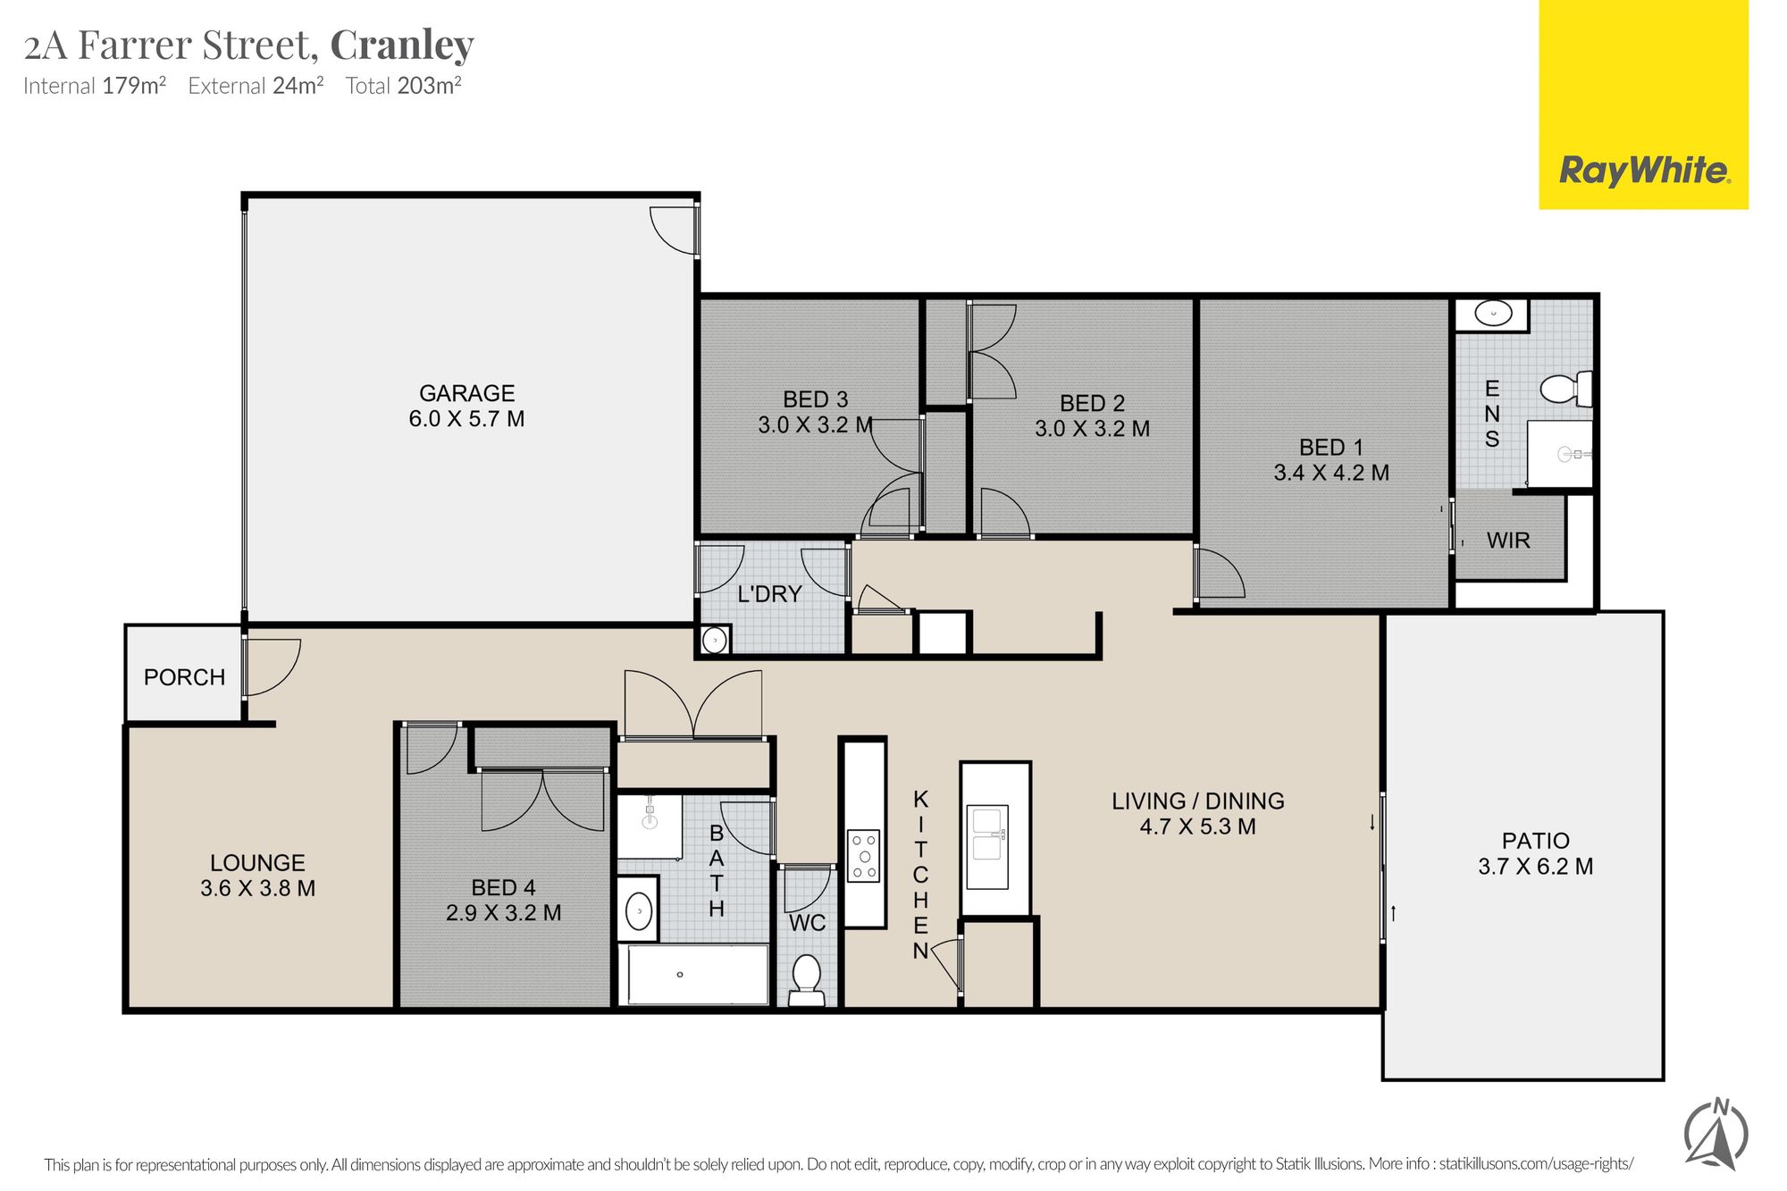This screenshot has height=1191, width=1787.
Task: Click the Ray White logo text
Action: tap(1644, 170)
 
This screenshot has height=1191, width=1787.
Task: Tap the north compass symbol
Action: tap(1716, 1134)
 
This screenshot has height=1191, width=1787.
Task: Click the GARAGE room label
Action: tap(467, 393)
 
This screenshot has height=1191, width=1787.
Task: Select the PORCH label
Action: tap(184, 677)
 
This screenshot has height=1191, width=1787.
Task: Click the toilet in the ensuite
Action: tap(1565, 389)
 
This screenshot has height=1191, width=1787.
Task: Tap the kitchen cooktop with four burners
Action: tap(863, 856)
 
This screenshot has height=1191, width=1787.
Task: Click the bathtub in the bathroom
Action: tap(694, 974)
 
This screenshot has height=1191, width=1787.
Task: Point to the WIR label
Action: tap(1508, 541)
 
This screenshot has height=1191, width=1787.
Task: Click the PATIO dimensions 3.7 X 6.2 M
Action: tap(1535, 867)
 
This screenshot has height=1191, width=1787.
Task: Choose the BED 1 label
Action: tap(1331, 447)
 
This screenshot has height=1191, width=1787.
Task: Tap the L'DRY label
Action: tap(769, 594)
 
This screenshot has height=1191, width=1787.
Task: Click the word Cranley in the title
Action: tap(402, 46)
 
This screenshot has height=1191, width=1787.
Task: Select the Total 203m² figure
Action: tap(403, 86)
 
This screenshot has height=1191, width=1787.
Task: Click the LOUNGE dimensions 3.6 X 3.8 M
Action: tap(257, 888)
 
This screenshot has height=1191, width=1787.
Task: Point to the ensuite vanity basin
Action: tap(1492, 314)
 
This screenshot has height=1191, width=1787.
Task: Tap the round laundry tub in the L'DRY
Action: tap(715, 640)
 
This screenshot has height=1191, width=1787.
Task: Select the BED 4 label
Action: tap(503, 887)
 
